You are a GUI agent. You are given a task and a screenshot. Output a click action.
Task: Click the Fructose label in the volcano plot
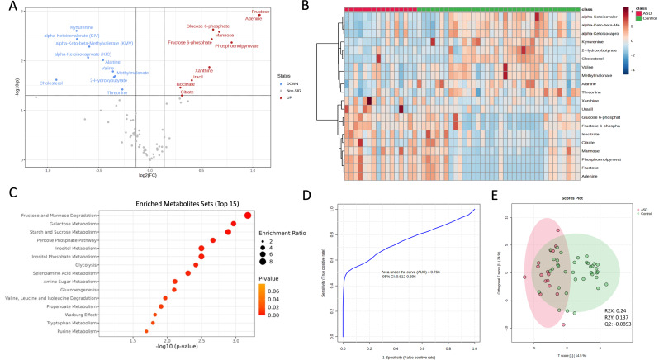(x=260, y=12)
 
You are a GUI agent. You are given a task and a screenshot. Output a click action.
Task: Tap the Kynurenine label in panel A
(x=62, y=26)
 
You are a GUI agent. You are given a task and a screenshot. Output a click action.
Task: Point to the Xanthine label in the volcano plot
(x=205, y=71)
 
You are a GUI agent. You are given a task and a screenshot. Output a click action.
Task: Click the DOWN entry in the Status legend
(x=292, y=85)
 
